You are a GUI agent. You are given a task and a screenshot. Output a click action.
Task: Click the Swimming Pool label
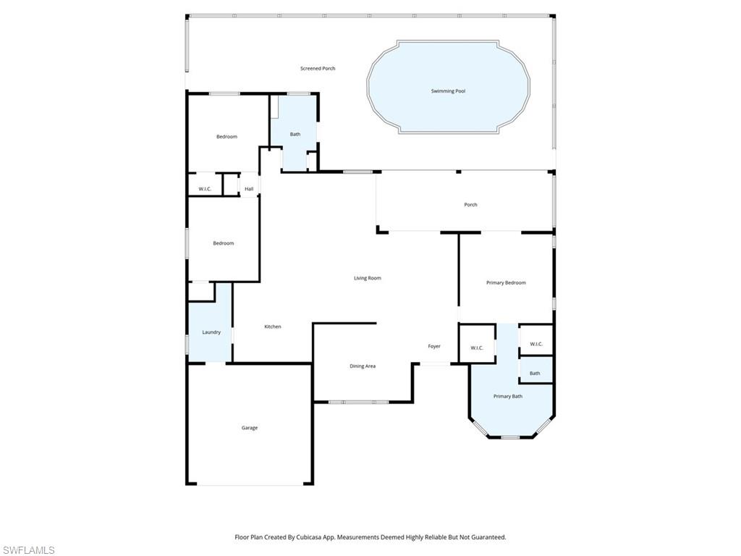(448, 91)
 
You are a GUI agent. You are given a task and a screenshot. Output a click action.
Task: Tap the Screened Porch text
(318, 69)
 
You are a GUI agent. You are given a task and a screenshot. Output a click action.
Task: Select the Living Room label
(367, 278)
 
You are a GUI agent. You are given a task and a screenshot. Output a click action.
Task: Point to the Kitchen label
(272, 327)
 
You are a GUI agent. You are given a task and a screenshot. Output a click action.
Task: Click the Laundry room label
(211, 332)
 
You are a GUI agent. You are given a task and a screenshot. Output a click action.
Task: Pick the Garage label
(249, 428)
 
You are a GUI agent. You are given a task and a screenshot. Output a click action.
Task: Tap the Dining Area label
(363, 366)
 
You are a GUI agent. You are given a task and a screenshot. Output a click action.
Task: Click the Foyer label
(434, 347)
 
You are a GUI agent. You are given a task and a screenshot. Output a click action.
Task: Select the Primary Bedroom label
(506, 283)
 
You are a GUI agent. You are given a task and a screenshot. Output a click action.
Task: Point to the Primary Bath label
(508, 397)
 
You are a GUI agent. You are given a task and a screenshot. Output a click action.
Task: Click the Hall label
(249, 190)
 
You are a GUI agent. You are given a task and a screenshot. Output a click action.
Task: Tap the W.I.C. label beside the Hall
(205, 190)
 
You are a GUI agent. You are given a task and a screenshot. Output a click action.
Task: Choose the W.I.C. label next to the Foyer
(477, 348)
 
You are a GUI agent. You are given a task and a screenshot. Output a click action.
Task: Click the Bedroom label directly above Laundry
(224, 243)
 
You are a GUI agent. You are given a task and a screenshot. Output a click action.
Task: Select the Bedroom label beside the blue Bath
(226, 137)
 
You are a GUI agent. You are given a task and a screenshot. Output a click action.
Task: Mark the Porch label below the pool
(470, 205)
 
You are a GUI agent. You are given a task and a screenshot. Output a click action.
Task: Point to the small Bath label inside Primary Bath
(535, 374)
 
